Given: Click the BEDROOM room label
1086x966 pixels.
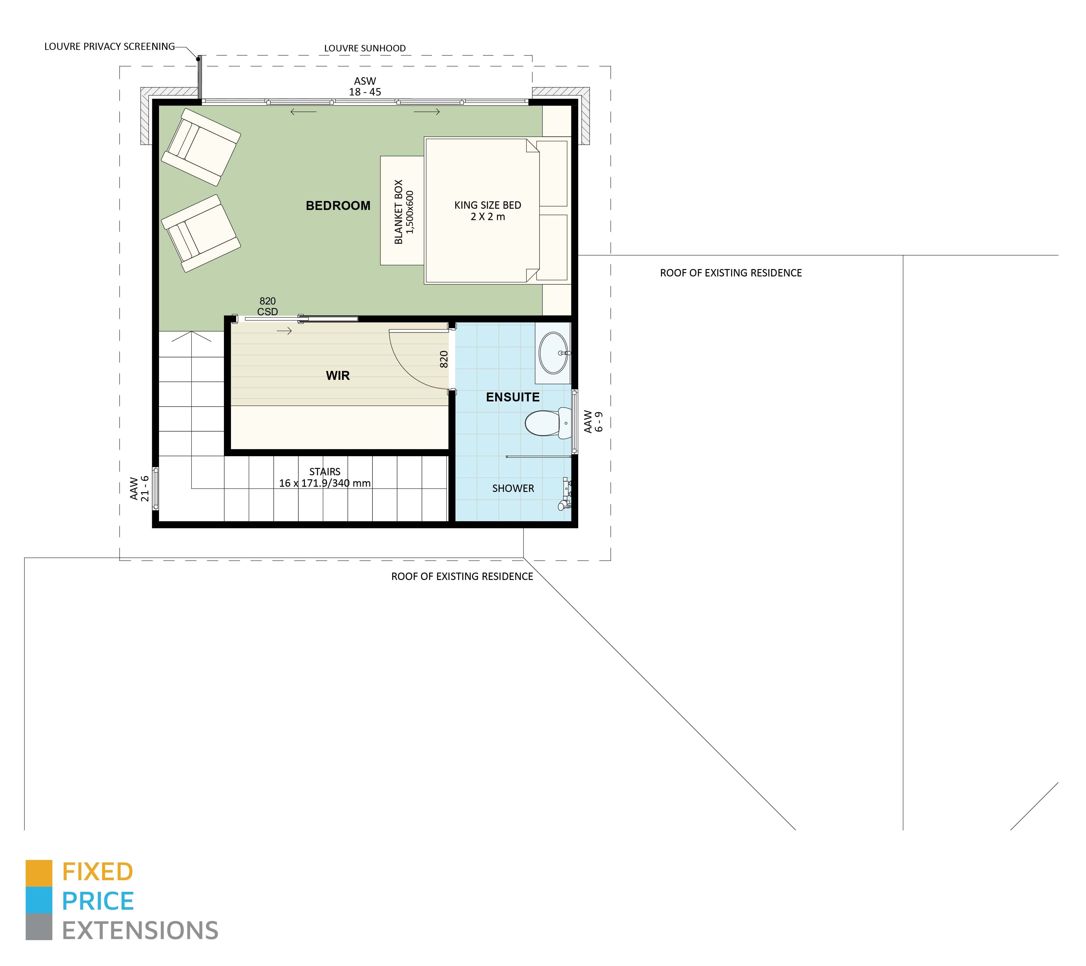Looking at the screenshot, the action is pos(338,206).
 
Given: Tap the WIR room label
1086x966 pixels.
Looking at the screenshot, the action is pos(338,376).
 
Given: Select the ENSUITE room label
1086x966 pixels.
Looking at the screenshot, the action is pos(513,397).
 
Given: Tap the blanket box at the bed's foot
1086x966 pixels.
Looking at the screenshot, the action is pos(402,211).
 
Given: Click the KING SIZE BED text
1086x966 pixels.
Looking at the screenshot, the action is pos(488,205).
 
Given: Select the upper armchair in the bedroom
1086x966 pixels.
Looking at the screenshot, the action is pos(201,147).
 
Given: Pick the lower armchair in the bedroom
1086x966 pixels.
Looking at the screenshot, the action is pos(201,233).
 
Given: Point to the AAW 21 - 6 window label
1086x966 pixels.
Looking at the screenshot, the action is pos(139,488).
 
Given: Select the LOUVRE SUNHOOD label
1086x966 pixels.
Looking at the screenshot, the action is pos(365,48).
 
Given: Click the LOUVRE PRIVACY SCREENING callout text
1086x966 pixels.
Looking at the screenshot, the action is pos(109,47).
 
